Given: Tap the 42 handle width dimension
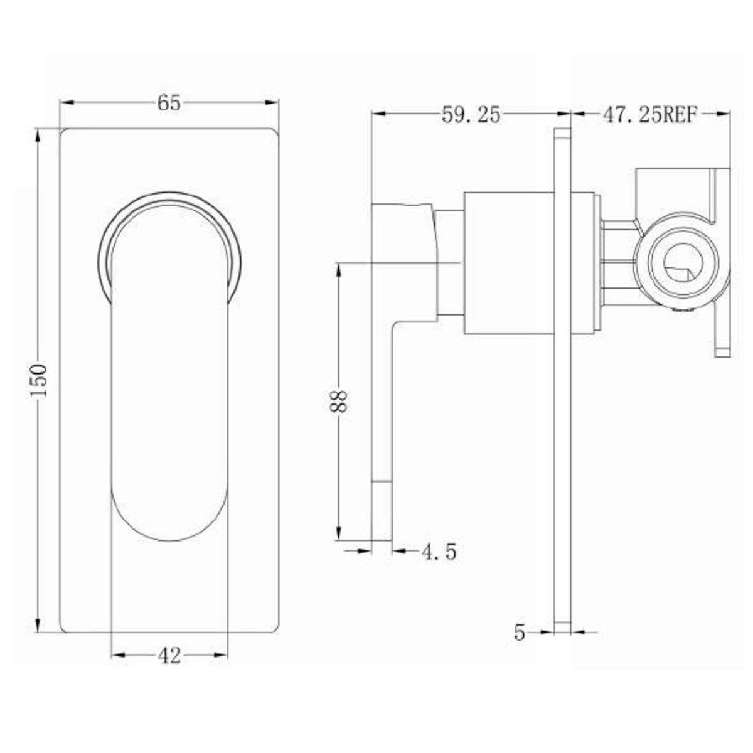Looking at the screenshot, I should pos(169,656).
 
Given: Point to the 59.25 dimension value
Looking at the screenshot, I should pos(471,115).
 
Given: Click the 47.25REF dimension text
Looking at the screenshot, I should pos(649,115).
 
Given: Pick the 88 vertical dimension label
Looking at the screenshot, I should pos(339,400).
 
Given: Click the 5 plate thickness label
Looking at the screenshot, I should pos(519,633).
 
